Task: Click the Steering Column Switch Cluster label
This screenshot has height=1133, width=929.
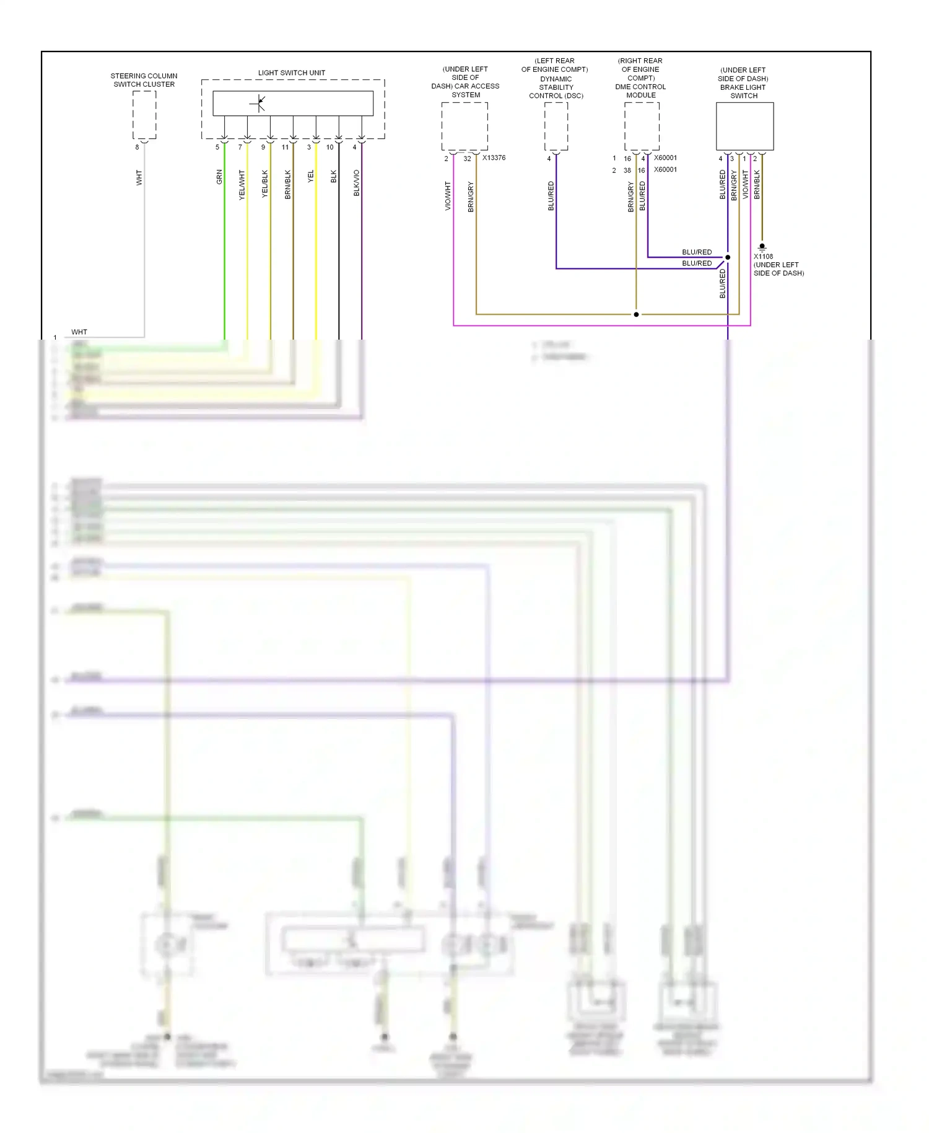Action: tap(144, 80)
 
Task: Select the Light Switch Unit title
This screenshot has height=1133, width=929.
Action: tap(291, 73)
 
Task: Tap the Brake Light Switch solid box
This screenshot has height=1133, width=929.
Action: tap(744, 126)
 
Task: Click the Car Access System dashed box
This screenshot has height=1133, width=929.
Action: tap(464, 126)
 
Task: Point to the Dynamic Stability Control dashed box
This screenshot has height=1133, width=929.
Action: tap(556, 126)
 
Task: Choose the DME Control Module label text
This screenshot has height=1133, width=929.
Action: tap(640, 91)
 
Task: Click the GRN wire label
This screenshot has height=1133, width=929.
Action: tap(219, 177)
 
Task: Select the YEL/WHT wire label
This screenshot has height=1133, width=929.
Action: tap(242, 185)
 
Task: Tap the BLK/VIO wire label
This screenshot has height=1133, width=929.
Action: tap(357, 183)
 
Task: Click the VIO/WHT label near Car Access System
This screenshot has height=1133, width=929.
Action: tap(448, 196)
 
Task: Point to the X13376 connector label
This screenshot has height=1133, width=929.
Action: tap(494, 158)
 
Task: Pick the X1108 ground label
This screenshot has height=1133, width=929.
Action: tap(763, 257)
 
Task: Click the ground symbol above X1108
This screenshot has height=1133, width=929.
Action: tap(762, 247)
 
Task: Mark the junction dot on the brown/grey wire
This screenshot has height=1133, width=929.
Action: tap(636, 314)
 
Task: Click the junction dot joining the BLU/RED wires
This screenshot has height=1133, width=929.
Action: tap(728, 257)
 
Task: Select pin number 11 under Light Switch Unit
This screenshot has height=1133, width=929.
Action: tap(285, 148)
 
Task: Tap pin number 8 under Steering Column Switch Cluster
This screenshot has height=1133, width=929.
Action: tap(137, 148)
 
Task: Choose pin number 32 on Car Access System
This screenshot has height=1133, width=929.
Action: tap(467, 159)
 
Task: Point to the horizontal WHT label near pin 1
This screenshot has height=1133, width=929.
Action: tap(79, 332)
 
